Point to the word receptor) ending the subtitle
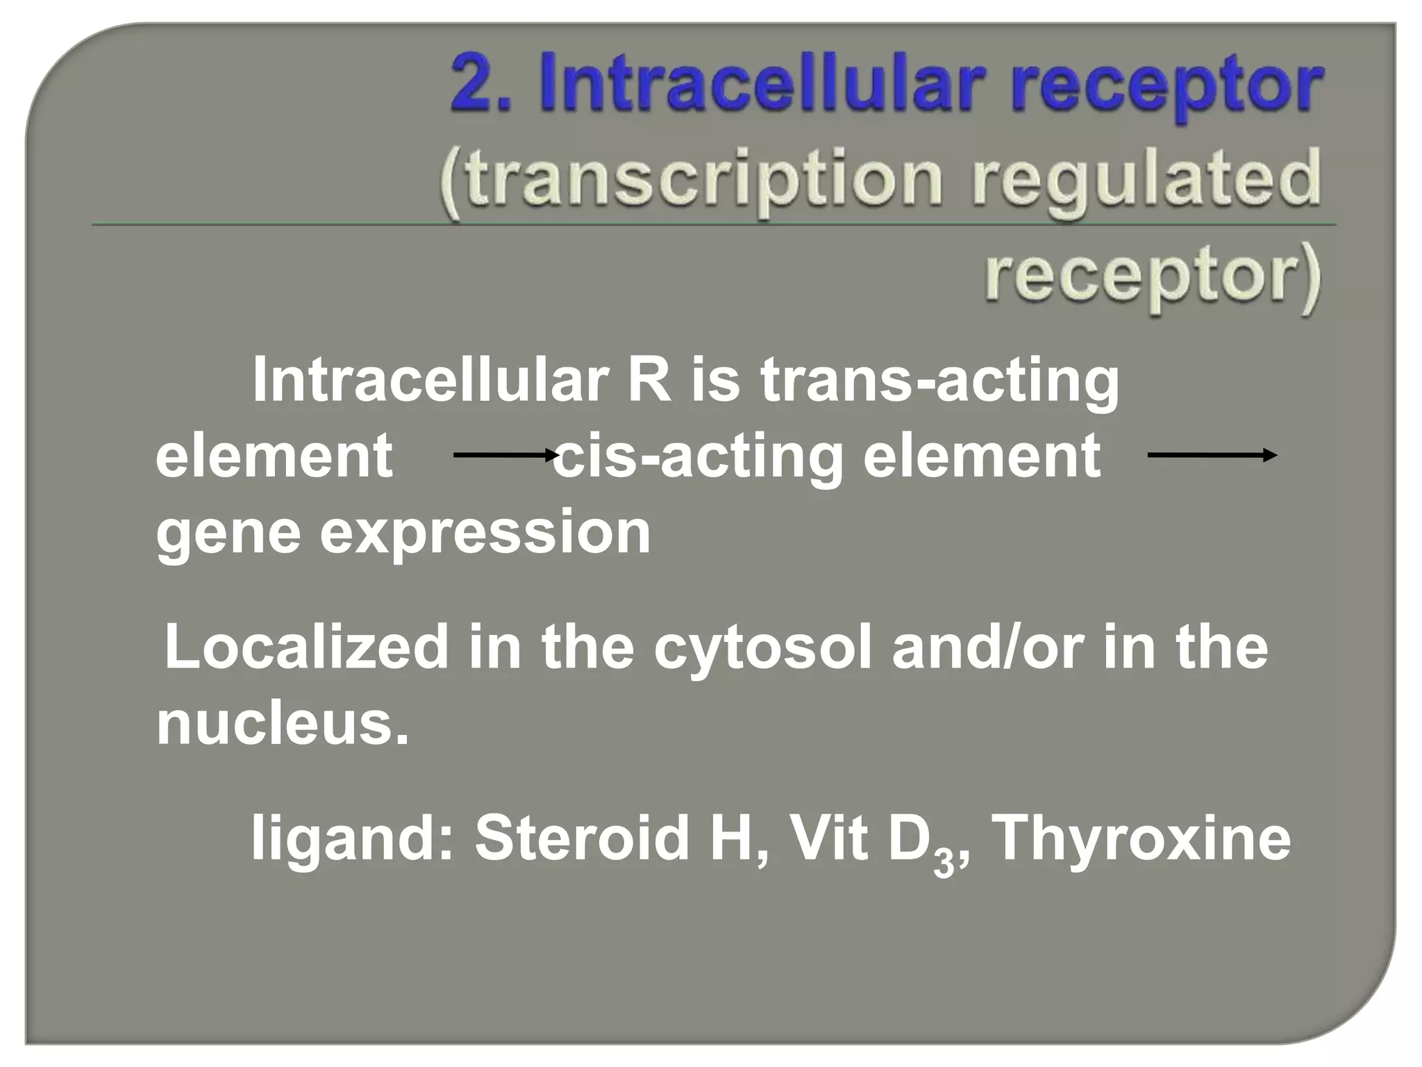1152,277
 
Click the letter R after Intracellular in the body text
649,380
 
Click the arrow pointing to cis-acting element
505,456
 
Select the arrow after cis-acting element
1211,456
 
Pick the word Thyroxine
1139,839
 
